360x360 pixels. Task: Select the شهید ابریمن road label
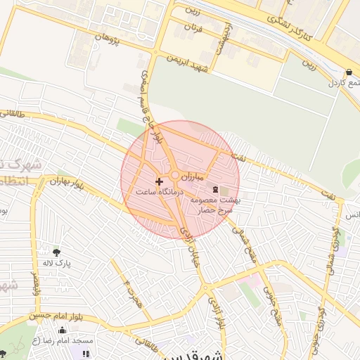(193, 63)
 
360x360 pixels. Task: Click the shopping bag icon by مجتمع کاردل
(349, 72)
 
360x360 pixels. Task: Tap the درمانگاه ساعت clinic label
(159, 191)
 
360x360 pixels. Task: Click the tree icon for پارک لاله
(56, 251)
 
